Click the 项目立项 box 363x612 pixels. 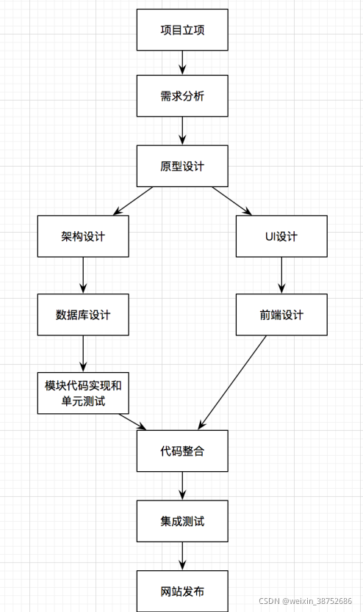coord(182,30)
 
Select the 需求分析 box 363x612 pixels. coord(182,96)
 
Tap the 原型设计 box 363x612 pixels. coord(182,166)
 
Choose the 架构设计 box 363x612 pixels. coord(83,236)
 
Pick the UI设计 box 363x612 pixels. coord(281,236)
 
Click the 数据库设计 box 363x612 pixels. coord(83,315)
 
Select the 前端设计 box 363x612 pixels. coord(281,315)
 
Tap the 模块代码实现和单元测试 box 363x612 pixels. coord(83,393)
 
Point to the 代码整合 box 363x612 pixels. coord(182,451)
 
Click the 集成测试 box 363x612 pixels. coord(182,521)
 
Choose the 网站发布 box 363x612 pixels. coord(182,591)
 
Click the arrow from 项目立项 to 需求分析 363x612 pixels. coord(182,62)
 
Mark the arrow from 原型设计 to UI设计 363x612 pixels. coord(232,200)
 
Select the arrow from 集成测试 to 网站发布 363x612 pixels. coord(182,555)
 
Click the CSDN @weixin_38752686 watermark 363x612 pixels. coord(305,601)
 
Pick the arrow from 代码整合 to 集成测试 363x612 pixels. coord(182,486)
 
